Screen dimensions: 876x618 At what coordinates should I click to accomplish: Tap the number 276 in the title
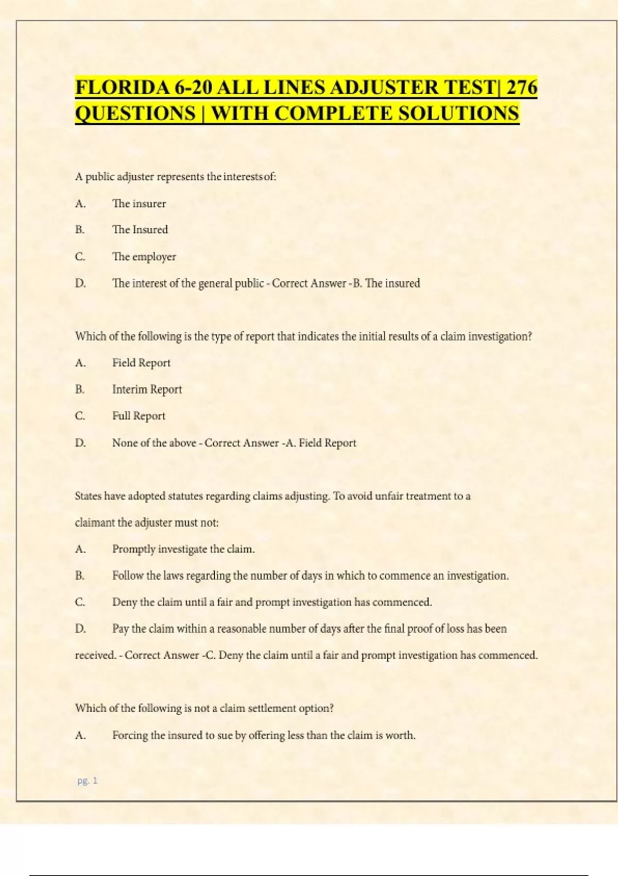521,88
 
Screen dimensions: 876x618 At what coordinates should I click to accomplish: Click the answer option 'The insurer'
139,204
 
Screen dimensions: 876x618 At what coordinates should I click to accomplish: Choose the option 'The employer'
144,257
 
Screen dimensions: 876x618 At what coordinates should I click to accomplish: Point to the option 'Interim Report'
147,389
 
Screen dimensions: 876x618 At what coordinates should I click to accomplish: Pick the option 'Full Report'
139,416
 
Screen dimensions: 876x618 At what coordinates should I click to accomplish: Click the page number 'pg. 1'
87,781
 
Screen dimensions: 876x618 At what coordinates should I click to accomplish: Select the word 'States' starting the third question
88,496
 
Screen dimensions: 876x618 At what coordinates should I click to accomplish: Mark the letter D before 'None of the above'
80,443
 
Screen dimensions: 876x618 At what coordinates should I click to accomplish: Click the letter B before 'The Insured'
80,230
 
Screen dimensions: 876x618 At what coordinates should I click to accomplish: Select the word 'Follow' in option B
128,576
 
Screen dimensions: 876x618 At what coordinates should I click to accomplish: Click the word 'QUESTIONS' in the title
135,113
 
